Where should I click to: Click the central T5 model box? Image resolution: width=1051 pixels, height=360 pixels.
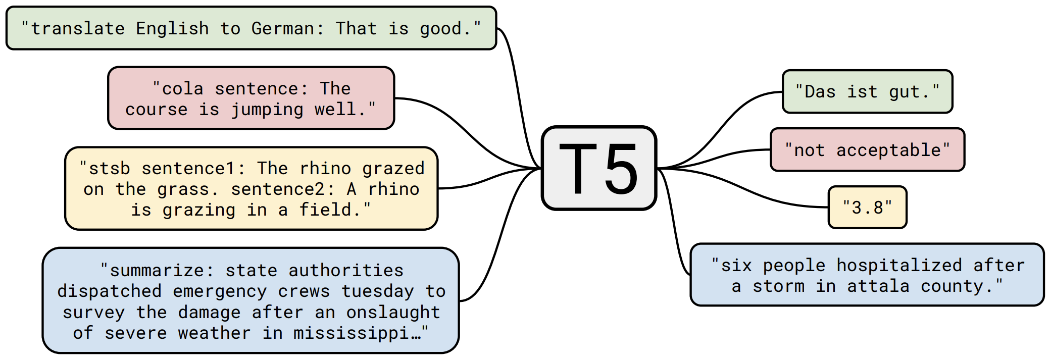[x=598, y=168]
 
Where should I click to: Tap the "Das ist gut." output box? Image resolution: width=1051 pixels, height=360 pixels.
[x=867, y=92]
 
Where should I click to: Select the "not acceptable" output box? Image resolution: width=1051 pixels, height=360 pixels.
[x=867, y=150]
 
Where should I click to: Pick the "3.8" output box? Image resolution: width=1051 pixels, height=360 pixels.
[x=867, y=208]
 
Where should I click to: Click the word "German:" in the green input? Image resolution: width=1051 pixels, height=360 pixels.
[x=288, y=29]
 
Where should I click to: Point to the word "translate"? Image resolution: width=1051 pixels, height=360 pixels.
[x=78, y=29]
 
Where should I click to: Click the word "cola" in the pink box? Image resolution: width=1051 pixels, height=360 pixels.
[x=182, y=89]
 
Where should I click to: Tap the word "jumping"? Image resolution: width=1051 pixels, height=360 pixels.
[x=267, y=110]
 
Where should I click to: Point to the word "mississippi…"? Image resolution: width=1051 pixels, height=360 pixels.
[x=357, y=333]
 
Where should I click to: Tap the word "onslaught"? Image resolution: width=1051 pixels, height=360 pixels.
[x=393, y=313]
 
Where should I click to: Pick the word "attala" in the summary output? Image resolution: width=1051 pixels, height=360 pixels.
[x=878, y=286]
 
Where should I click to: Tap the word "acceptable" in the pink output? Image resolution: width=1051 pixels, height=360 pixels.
[x=889, y=150]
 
